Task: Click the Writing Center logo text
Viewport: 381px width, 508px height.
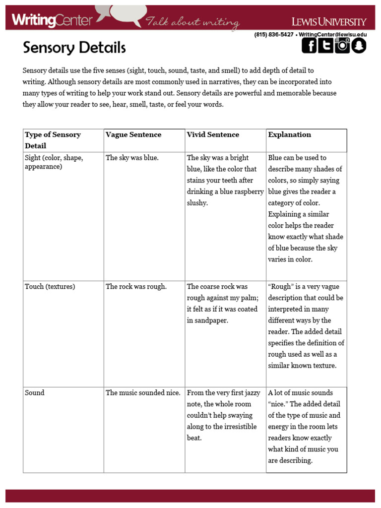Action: coord(52,20)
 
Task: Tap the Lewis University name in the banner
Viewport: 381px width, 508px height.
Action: coord(328,21)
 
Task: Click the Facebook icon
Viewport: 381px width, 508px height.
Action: coord(310,46)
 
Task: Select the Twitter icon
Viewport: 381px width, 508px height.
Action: coord(325,46)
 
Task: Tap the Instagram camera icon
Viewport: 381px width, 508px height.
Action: coord(342,46)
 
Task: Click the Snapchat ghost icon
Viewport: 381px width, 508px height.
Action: coord(358,46)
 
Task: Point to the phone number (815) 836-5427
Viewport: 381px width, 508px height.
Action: coord(273,35)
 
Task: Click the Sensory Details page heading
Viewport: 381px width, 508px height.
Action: coord(74,48)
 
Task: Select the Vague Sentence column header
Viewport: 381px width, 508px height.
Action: coord(133,134)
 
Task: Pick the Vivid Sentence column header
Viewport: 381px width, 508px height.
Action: coord(213,134)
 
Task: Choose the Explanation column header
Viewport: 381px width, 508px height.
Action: coord(290,134)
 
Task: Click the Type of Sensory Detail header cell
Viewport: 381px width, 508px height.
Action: coord(53,140)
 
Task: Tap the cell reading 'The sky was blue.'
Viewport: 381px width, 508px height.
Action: coord(132,158)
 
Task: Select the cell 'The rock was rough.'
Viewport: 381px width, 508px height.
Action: coord(136,287)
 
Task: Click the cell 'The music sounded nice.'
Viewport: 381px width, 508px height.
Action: coord(143,393)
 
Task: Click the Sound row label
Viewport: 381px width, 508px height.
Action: coord(35,393)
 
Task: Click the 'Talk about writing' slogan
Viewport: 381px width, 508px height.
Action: coord(192,22)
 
